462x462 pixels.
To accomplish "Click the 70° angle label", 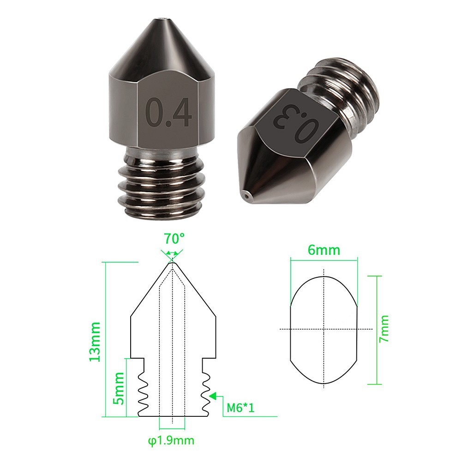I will coord(174,239).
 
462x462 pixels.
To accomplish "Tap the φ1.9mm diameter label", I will coord(171,440).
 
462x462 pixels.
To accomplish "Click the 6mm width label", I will coord(324,250).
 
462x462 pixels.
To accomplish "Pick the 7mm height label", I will coord(384,329).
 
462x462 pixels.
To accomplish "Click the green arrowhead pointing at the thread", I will coord(213,396).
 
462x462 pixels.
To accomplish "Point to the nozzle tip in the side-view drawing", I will coord(173,264).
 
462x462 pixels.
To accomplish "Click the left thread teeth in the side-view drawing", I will coord(143,392).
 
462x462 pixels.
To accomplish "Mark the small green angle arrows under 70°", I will coord(172,253).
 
